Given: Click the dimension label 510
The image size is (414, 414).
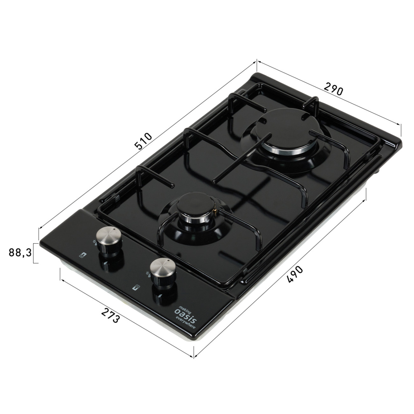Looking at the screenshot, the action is point(143,141).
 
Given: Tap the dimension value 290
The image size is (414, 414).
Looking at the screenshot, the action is point(333,89).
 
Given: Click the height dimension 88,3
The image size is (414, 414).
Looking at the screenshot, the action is point(20,253).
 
